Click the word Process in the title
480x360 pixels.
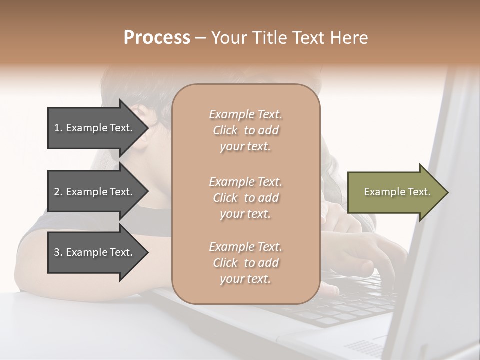point(157,38)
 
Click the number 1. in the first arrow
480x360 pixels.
point(58,128)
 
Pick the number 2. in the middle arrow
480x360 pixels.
point(58,192)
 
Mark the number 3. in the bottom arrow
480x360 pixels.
point(58,252)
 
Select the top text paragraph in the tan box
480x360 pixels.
point(245,130)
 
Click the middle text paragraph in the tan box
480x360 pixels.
point(245,198)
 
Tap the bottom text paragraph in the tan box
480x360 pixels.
point(245,263)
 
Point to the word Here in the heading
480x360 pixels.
point(349,38)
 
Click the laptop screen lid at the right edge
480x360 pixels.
point(445,250)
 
